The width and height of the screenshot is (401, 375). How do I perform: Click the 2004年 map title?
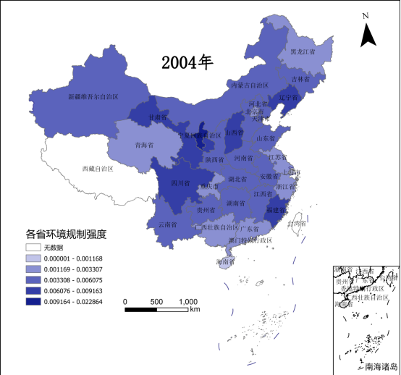point(187,62)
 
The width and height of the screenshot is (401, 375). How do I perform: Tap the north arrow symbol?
point(367,33)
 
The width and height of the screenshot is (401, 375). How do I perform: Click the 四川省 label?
point(180,183)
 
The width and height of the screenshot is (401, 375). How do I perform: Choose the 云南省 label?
point(168,224)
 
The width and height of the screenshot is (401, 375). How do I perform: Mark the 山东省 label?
point(266,138)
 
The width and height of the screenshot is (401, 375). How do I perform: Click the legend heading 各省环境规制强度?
point(66,235)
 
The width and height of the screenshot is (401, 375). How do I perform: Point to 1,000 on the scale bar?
point(187,301)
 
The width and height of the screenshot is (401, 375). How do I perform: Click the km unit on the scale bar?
point(195,311)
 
